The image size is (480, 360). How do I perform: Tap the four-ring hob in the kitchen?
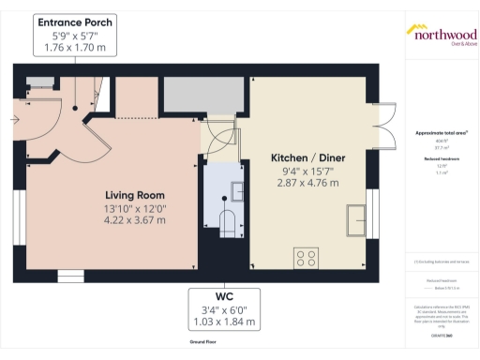click(306, 255)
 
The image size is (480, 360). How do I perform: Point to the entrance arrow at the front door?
click(16, 119)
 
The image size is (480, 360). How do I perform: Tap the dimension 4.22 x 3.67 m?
click(135, 221)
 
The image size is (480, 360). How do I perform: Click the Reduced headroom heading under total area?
click(441, 159)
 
